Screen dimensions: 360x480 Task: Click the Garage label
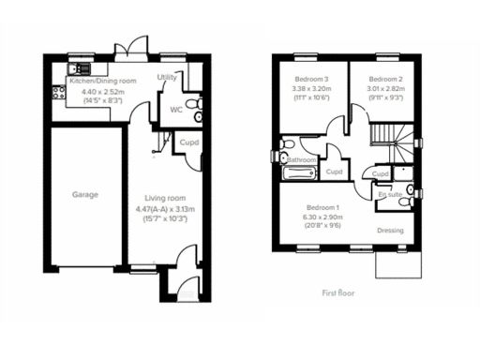(85, 195)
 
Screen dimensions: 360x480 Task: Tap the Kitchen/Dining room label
(103, 82)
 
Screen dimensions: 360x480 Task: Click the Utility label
(168, 77)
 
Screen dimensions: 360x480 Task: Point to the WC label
(175, 110)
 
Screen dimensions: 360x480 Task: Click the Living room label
(164, 198)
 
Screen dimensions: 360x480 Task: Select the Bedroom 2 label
(385, 79)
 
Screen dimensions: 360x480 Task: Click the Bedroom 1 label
(324, 207)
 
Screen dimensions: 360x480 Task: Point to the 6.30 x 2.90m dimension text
(324, 217)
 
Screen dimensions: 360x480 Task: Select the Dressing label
(390, 230)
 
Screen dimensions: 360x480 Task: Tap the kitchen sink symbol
(79, 67)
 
